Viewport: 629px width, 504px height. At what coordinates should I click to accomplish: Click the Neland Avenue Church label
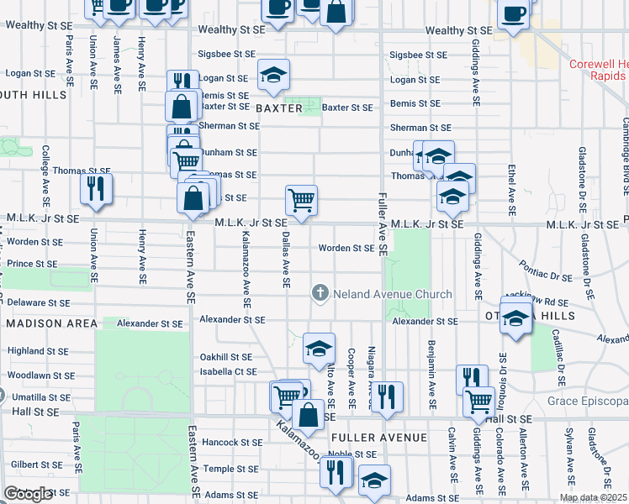[392, 294]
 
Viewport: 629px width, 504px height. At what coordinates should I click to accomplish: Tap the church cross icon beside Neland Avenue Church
[320, 293]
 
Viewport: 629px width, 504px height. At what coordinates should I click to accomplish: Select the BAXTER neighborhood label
[279, 109]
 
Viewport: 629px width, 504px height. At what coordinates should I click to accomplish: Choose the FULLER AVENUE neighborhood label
[374, 438]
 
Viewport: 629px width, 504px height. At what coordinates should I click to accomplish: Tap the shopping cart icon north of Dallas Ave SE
[301, 200]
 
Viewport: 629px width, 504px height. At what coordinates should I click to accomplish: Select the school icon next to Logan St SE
[273, 75]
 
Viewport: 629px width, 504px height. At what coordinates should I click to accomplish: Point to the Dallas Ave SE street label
[285, 260]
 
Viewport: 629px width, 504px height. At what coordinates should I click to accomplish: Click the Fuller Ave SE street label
[382, 223]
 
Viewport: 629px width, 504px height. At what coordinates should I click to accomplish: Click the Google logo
[28, 494]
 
